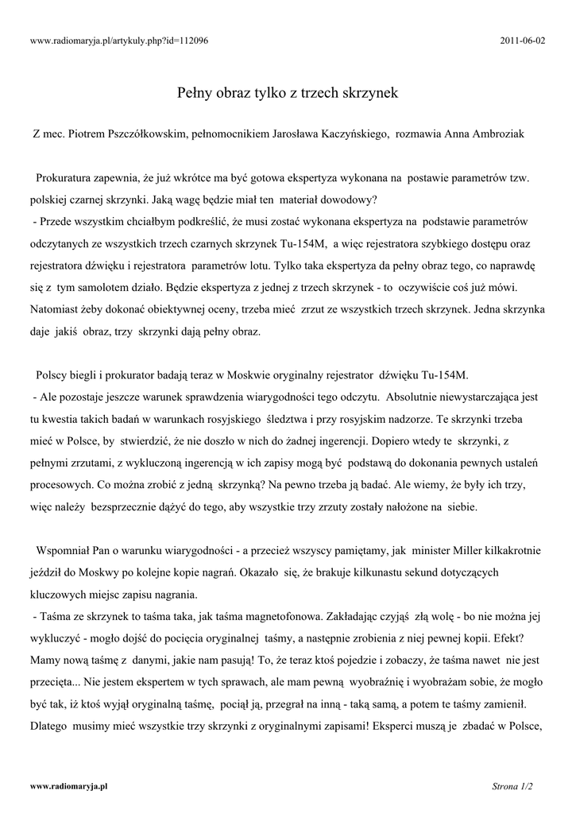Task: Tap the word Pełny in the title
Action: (x=194, y=94)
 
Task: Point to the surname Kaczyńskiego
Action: (x=346, y=135)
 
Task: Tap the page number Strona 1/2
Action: (x=512, y=786)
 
